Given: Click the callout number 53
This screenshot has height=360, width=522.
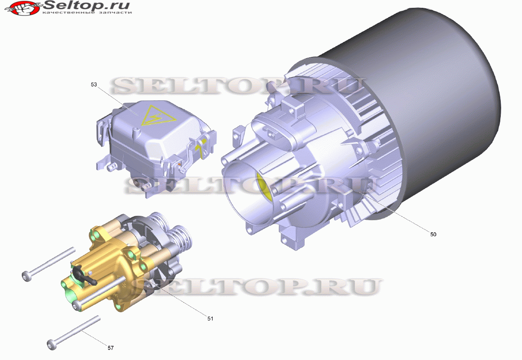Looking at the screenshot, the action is pos(94,84).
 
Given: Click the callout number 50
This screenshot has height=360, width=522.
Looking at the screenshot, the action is pos(433,234).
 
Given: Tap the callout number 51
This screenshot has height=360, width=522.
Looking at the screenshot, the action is pos(210,318).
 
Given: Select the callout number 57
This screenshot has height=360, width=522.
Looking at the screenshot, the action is pos(111,348).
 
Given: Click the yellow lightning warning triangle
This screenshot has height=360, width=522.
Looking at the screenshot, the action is pos(157,116).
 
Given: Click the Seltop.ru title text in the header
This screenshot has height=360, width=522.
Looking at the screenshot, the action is pos(86,5).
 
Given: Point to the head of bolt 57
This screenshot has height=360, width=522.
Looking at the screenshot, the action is pos(52,345).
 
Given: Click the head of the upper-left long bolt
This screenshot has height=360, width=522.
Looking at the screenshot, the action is pos(26,276).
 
